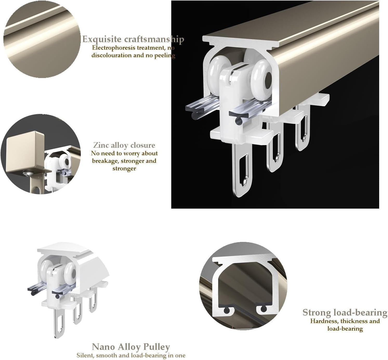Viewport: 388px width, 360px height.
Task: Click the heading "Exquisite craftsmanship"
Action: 133,39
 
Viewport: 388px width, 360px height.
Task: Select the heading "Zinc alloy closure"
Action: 124,145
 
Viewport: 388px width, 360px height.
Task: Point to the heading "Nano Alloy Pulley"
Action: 131,347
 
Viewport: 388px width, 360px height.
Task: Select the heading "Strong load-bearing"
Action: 345,312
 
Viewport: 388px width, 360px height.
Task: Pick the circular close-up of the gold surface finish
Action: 42,39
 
